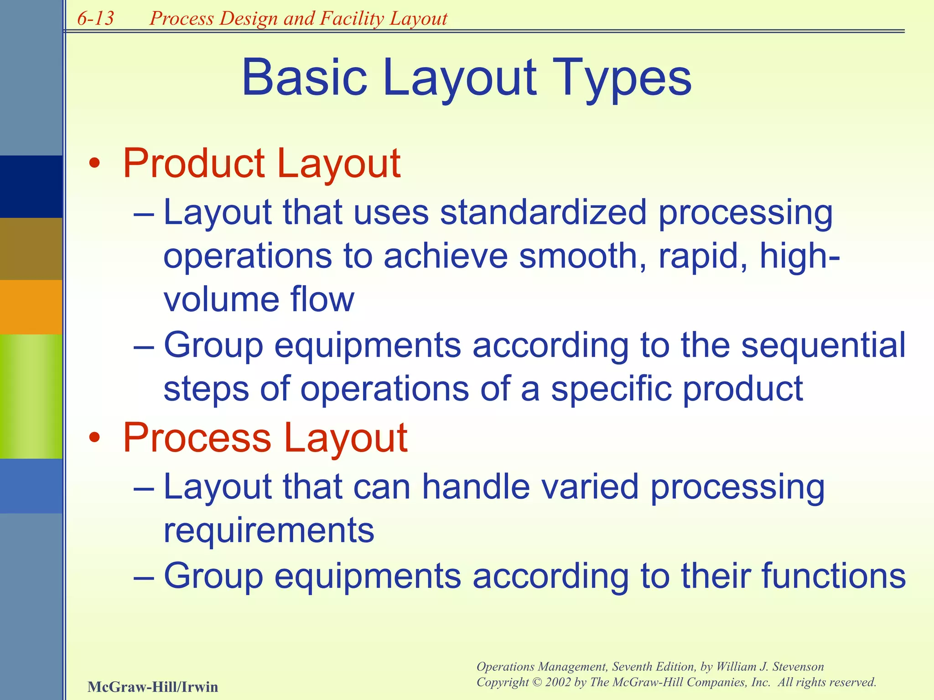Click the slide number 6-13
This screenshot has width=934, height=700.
(95, 18)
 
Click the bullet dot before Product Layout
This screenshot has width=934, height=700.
(94, 165)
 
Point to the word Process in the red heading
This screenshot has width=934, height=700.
(197, 437)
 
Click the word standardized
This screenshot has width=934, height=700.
(543, 212)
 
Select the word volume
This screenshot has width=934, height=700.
(221, 300)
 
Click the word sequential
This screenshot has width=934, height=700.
(823, 345)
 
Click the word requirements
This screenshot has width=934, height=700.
(269, 531)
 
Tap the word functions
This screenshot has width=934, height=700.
(833, 576)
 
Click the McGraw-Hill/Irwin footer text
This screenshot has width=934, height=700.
(152, 686)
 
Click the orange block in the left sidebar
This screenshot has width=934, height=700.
(31, 307)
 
